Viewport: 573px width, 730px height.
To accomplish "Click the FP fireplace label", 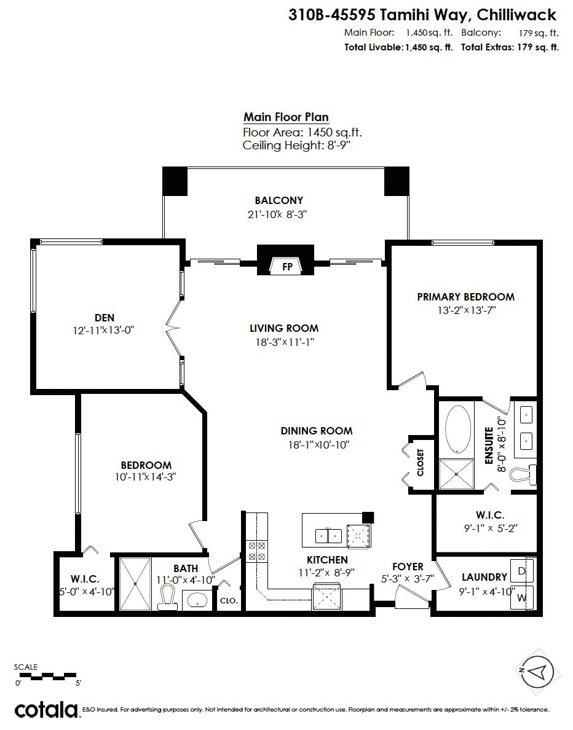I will pos(286,267).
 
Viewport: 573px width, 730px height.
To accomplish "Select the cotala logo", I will pos(45,710).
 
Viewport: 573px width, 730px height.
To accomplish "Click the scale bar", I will pos(47,677).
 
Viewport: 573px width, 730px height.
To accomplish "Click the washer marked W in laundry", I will pos(522,597).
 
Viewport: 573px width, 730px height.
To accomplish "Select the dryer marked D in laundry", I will pos(522,571).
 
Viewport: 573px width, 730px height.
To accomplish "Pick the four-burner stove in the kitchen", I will pos(256,551).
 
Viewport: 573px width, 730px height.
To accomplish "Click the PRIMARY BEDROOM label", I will pos(465,297).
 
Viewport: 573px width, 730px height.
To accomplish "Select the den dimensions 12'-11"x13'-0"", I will pos(103,330).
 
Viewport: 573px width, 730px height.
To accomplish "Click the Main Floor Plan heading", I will pos(286,117).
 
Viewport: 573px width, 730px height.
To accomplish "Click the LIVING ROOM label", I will pos(284,328).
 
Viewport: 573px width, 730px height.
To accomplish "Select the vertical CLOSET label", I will pos(420,462).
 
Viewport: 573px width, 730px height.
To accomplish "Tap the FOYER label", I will pos(408,566).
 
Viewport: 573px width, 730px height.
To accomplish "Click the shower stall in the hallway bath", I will pos(134,583).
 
